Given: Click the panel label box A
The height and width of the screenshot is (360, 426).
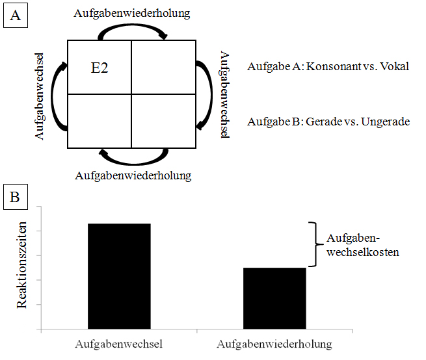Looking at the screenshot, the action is click(16, 15).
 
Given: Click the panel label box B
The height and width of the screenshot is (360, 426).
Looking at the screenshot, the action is click(16, 197).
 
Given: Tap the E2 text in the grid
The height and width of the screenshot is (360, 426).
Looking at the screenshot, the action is click(100, 68).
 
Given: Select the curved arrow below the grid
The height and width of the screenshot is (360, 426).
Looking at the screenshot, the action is click(134, 163).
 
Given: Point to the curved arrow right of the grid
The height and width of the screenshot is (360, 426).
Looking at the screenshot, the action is click(211, 96).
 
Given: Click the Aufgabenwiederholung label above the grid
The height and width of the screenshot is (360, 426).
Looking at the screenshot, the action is click(132, 13).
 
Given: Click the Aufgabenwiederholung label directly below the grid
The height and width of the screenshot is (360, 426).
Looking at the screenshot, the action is click(133, 175).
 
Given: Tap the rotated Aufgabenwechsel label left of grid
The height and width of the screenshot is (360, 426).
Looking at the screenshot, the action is click(40, 96).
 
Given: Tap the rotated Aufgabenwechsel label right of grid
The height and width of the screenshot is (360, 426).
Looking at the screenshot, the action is click(224, 94).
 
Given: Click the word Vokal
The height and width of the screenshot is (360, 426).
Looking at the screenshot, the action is click(395, 66).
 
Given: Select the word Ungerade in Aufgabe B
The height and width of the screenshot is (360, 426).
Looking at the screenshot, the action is click(386, 122).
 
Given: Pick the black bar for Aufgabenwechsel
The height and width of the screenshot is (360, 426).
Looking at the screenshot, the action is click(119, 276).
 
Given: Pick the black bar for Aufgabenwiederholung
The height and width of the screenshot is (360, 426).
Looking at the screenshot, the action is click(274, 298).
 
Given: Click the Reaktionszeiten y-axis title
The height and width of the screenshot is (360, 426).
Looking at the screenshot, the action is click(21, 265).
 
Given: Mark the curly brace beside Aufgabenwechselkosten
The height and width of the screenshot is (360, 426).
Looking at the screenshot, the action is click(316, 244).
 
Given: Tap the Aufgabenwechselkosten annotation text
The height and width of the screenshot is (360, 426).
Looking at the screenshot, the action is click(363, 245).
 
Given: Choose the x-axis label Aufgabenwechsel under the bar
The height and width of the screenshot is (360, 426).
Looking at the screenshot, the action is click(119, 344).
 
